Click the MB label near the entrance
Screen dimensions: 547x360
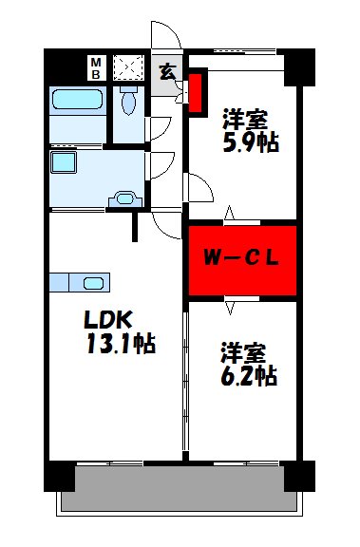tap(96, 68)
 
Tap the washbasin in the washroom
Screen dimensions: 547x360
tap(124, 199)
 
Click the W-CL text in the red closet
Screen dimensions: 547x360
tap(242, 257)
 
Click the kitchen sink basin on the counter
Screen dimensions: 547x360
tap(94, 282)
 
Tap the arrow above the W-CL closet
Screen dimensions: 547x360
tap(228, 215)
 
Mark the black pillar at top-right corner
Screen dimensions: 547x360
tap(299, 64)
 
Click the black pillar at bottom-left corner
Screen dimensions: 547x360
tap(59, 476)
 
